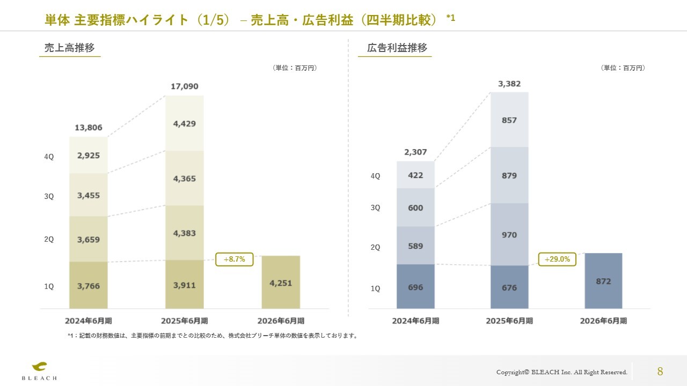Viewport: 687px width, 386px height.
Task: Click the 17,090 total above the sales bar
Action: pos(185,86)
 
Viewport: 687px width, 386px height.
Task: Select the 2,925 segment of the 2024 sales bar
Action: pos(89,155)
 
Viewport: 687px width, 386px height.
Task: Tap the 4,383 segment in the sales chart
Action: pos(185,233)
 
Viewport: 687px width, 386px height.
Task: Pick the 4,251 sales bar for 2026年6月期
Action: pos(281,283)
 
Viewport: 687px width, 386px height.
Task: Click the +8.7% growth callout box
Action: pos(234,259)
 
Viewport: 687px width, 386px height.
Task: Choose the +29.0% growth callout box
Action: pos(557,259)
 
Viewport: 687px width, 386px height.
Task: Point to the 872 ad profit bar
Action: pos(603,281)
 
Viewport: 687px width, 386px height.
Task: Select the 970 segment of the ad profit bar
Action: pos(509,235)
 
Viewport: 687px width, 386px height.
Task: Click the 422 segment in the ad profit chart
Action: pos(415,175)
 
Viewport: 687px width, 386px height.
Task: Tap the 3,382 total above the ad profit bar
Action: pos(509,84)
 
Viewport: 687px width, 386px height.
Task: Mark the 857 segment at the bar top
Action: pos(509,120)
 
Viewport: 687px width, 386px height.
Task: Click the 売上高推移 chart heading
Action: pos(70,48)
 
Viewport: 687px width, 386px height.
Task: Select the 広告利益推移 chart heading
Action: pos(397,48)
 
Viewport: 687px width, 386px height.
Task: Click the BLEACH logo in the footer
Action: pos(39,370)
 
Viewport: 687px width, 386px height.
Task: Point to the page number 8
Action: pos(660,371)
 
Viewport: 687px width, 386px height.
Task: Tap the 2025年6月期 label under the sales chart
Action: pos(185,321)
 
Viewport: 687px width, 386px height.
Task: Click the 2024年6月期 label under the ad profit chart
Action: pos(415,321)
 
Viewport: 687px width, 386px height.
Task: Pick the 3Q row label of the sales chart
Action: pos(49,197)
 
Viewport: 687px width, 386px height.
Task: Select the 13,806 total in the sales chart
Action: pos(89,128)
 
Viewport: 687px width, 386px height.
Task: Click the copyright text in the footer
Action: pos(561,372)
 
